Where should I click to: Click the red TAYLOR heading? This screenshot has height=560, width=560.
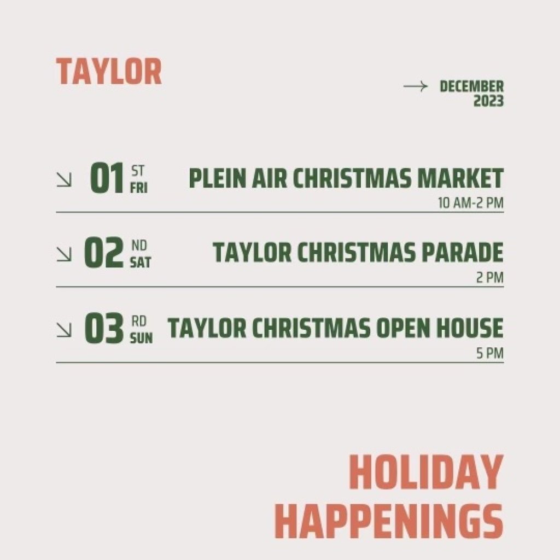click(109, 72)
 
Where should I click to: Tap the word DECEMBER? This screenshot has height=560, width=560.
click(471, 86)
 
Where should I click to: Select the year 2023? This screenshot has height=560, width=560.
click(488, 101)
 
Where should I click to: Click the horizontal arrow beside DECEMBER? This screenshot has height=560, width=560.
click(416, 86)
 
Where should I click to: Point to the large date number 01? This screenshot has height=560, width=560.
click(107, 178)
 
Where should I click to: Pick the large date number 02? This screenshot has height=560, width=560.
click(104, 253)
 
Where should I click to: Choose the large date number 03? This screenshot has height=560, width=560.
click(104, 328)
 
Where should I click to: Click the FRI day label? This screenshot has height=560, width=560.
click(138, 188)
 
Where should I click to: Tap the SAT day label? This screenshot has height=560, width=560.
click(141, 262)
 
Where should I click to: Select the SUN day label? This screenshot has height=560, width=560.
click(141, 338)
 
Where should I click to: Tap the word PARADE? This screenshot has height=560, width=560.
click(463, 252)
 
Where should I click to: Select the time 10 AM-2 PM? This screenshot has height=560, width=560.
click(471, 203)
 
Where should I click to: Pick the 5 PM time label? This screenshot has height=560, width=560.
click(489, 353)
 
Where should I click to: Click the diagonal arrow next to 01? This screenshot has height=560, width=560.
click(64, 179)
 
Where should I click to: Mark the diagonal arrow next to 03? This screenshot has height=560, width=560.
click(64, 330)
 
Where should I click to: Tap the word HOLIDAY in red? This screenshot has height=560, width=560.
click(427, 472)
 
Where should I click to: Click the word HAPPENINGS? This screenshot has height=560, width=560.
click(389, 521)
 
